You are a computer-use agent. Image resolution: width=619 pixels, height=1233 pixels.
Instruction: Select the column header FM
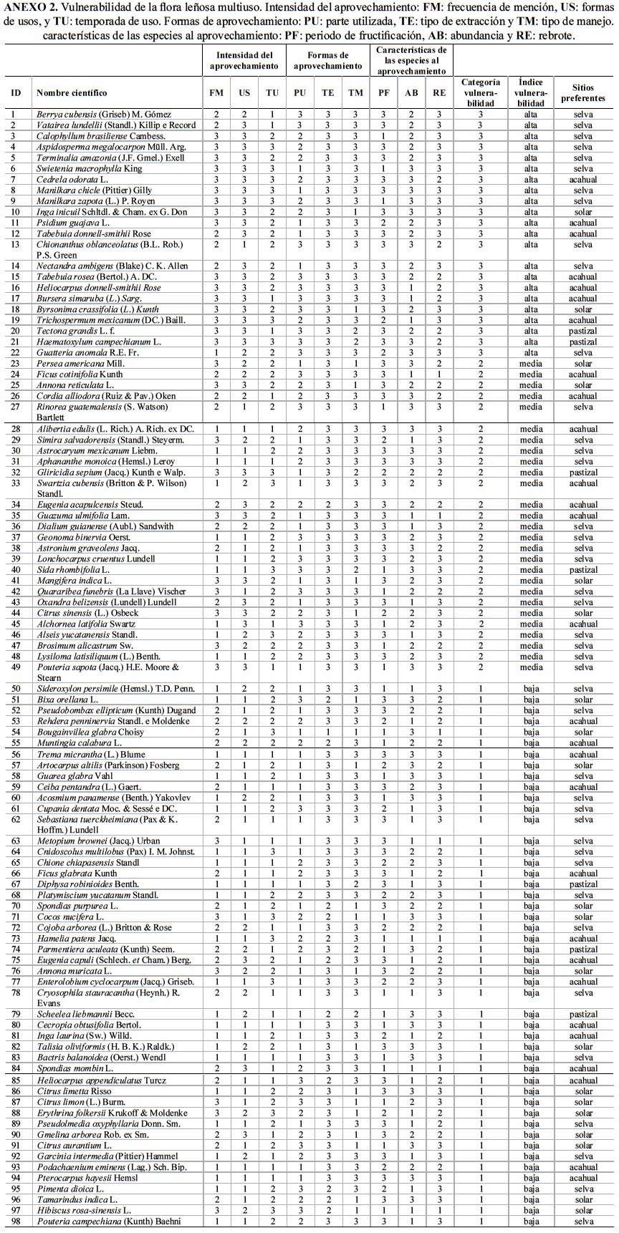click(x=216, y=93)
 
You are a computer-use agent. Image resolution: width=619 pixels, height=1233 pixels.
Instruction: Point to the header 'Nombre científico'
click(x=72, y=93)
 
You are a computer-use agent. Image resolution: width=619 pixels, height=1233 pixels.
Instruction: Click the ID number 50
click(x=16, y=689)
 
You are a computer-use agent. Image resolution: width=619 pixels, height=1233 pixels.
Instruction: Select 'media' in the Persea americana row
click(x=531, y=363)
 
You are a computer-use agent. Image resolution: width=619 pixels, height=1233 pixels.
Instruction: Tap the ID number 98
click(x=16, y=1222)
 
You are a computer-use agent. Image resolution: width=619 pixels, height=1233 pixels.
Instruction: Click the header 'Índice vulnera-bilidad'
click(x=531, y=93)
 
